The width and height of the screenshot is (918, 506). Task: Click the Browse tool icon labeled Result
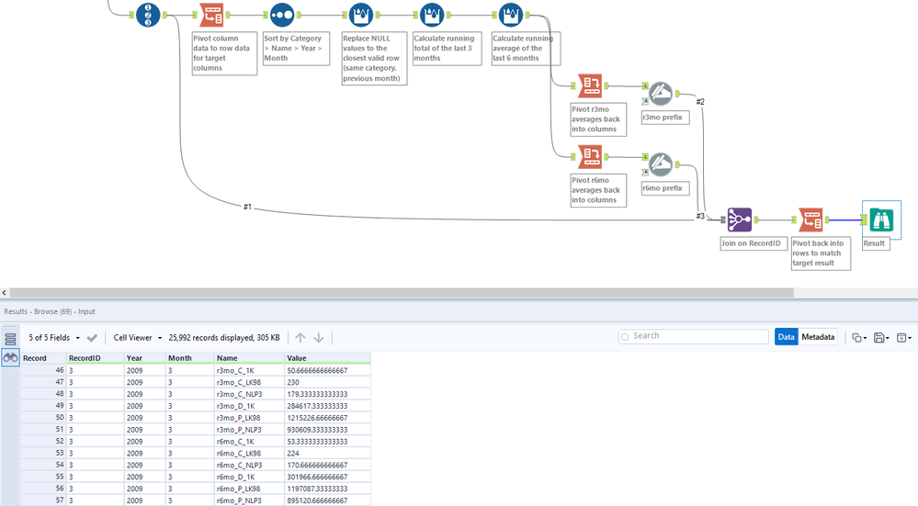tap(880, 219)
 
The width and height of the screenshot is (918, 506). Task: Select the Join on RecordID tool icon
tap(739, 219)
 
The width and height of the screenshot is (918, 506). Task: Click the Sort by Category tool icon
tap(282, 15)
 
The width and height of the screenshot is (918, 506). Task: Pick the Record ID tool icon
tap(149, 15)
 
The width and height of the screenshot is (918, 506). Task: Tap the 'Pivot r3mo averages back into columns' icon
tap(590, 86)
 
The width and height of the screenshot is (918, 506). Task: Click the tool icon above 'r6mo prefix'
tap(660, 164)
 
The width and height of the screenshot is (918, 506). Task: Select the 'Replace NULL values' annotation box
tap(374, 59)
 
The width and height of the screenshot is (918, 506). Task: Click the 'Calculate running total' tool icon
tap(432, 15)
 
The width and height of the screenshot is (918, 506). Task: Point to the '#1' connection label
tap(247, 207)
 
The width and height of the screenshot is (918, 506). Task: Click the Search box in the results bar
tap(694, 336)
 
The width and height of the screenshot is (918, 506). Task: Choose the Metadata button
tap(818, 337)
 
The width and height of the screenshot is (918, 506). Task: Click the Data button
tap(787, 337)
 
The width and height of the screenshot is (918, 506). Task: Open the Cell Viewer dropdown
tap(138, 338)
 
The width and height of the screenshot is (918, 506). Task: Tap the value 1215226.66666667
tap(316, 417)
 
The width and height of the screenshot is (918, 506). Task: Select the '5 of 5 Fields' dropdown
tap(53, 338)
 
